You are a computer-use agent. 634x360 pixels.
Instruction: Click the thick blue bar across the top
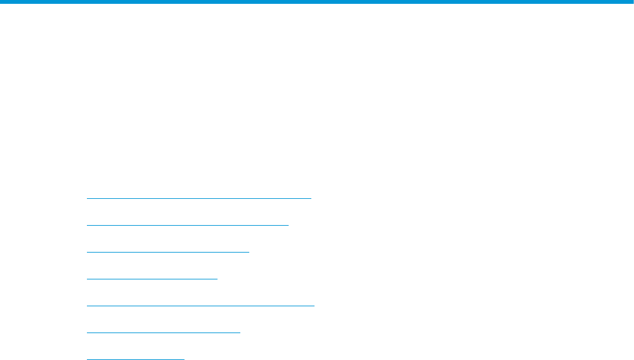[x=317, y=2]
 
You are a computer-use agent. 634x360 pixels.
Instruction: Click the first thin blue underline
[x=198, y=198]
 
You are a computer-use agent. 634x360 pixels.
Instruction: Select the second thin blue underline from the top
[x=187, y=225]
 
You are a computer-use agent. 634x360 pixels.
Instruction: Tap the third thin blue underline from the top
[x=167, y=252]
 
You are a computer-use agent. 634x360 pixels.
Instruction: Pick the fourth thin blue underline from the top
[x=152, y=279]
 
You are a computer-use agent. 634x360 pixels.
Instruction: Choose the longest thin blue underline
[x=200, y=306]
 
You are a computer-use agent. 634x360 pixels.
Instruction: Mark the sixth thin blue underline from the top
[x=163, y=333]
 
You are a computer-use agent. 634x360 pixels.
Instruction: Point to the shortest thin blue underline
[x=135, y=359]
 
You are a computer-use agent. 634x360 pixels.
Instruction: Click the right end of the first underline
[x=311, y=198]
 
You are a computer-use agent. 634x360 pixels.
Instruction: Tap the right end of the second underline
[x=288, y=225]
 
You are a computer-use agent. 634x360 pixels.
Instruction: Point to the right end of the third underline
[x=249, y=252]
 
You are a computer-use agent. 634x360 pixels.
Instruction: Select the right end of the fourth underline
[x=217, y=279]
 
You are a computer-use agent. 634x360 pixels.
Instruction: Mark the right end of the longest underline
[x=314, y=306]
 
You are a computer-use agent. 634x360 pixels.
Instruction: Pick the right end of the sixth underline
[x=240, y=333]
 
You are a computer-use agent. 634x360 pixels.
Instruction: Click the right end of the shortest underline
[x=183, y=359]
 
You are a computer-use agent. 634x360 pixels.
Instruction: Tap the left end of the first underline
[x=87, y=198]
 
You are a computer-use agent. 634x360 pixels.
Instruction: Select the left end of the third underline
[x=87, y=252]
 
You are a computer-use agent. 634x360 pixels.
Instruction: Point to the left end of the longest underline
[x=87, y=306]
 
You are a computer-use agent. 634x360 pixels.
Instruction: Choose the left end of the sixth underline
[x=87, y=333]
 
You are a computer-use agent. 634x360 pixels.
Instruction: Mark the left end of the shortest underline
[x=87, y=359]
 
